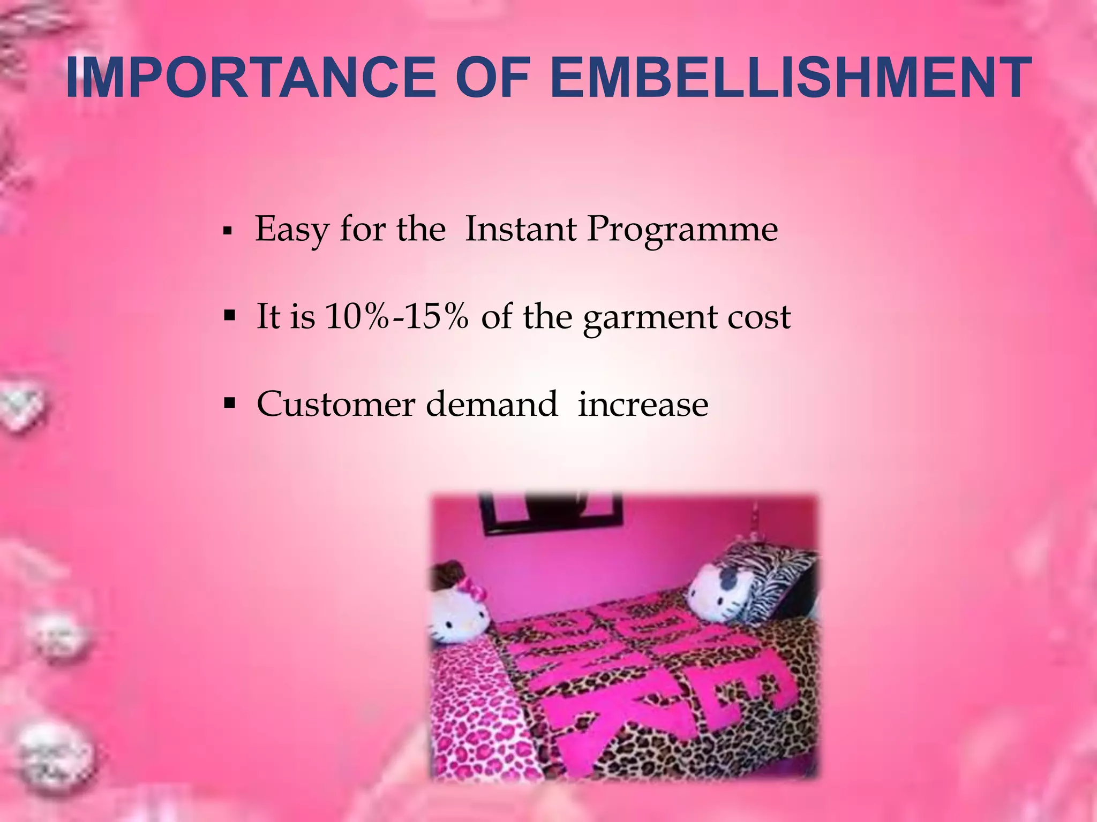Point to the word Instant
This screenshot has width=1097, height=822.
(521, 229)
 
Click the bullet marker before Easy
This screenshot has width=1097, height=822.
(228, 232)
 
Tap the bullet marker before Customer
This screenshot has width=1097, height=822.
(230, 403)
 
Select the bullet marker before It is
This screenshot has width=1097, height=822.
(230, 316)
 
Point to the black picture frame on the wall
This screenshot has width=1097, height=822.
(552, 512)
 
